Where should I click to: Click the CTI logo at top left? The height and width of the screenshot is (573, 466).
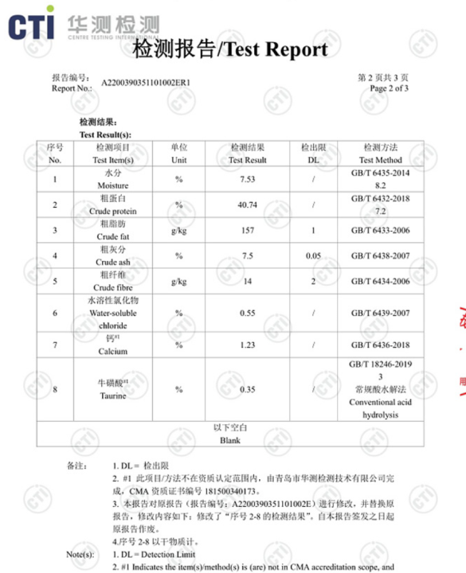pyautogui.click(x=32, y=26)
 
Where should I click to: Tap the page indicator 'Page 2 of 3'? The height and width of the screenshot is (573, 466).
pyautogui.click(x=390, y=88)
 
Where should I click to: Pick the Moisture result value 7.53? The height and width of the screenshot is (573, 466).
pyautogui.click(x=247, y=179)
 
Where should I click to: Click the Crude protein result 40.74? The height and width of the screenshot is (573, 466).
pyautogui.click(x=247, y=205)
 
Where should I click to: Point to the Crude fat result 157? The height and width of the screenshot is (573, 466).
pyautogui.click(x=247, y=231)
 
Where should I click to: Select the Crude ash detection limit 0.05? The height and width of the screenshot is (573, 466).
pyautogui.click(x=313, y=256)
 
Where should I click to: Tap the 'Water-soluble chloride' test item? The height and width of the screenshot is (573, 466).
pyautogui.click(x=112, y=314)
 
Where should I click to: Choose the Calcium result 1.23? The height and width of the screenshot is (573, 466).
pyautogui.click(x=247, y=345)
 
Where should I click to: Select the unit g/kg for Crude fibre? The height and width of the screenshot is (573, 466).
pyautogui.click(x=179, y=282)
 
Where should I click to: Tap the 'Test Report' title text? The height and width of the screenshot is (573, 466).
pyautogui.click(x=272, y=49)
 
